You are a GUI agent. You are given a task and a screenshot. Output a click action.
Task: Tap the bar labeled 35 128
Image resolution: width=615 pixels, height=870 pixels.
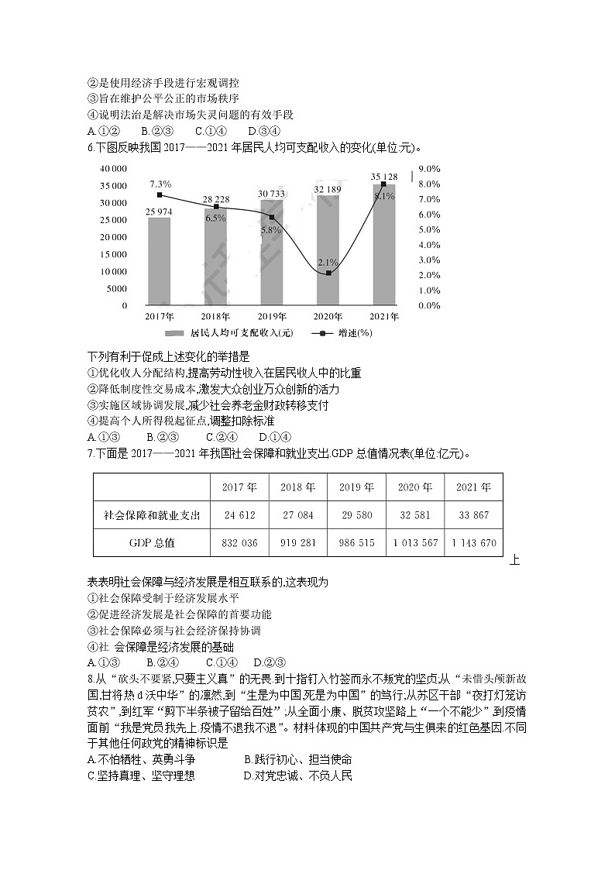point(384,245)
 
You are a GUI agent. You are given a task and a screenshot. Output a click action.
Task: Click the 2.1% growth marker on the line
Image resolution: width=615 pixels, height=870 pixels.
point(328,273)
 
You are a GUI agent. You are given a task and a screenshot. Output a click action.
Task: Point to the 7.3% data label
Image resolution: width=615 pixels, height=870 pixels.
point(160,184)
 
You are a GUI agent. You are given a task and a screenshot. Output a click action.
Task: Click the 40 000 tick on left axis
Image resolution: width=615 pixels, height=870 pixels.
point(113,168)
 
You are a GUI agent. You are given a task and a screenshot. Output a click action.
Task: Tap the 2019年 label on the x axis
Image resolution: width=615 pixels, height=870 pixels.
point(272,317)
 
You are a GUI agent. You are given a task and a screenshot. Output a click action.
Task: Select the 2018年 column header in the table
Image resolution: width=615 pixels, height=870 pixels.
point(298,488)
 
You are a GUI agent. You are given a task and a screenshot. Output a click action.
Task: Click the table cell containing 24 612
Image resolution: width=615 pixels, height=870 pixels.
point(239,515)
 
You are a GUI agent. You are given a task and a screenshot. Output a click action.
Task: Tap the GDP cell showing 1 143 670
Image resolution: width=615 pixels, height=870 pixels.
point(472,543)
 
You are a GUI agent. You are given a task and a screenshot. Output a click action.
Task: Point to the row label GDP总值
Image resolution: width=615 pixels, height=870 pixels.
point(152,543)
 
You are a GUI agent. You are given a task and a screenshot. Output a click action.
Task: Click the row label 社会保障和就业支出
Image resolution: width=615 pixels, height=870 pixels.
point(152,515)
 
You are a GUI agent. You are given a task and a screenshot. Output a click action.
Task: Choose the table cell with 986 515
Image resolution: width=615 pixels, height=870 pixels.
point(356,543)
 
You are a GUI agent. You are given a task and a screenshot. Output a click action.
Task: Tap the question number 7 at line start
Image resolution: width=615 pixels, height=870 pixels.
point(91,453)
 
